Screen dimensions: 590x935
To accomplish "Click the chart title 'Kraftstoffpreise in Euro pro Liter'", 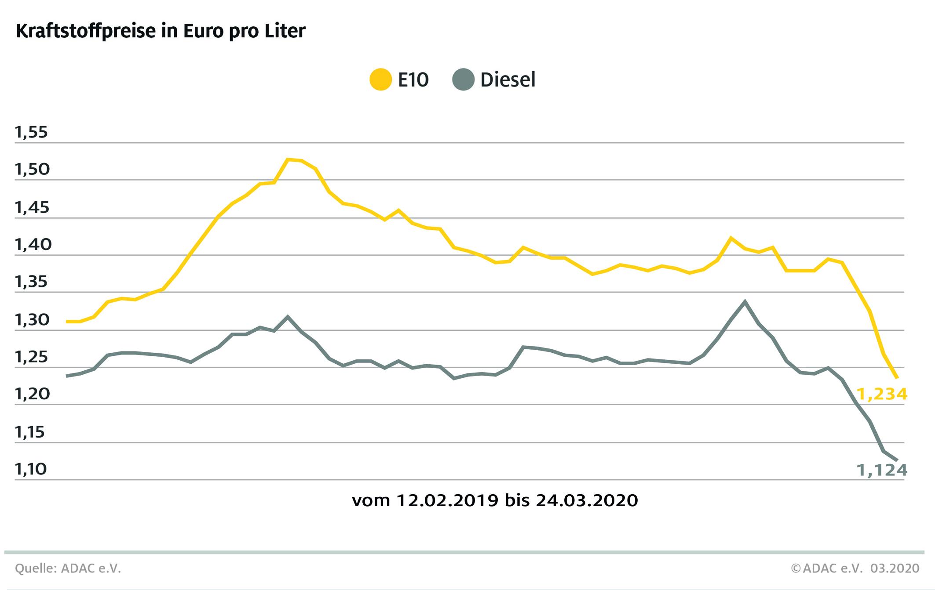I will click(161, 32).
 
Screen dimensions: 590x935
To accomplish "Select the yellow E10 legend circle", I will click(380, 80).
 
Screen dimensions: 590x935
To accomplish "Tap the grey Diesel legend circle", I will click(463, 80).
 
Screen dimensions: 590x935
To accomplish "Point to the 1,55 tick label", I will click(31, 132).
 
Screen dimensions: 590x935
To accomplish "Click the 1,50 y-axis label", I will click(31, 170).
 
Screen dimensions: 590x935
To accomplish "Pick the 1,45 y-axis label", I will click(31, 207).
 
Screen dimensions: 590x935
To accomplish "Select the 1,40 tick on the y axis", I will click(31, 245).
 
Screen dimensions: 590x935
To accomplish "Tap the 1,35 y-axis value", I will click(31, 282).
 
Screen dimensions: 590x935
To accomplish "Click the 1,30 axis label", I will click(31, 320).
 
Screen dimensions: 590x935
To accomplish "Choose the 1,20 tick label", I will click(31, 395).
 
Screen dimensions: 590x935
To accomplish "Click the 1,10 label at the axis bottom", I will click(31, 470).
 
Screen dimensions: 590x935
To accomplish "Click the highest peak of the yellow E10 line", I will click(288, 159).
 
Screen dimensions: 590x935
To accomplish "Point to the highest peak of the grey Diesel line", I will click(745, 301).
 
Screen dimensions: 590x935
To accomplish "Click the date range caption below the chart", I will click(495, 500).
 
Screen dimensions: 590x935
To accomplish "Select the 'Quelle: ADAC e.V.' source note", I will click(68, 568).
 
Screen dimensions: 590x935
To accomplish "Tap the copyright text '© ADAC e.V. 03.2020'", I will click(855, 568).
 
